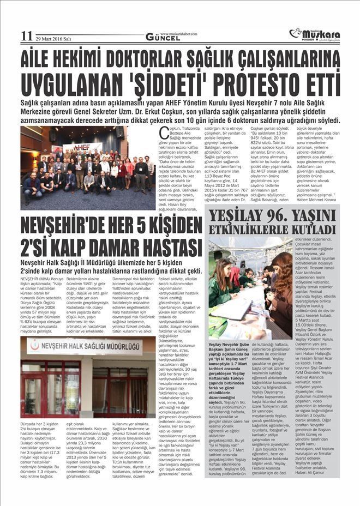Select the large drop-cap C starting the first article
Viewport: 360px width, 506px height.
(163, 132)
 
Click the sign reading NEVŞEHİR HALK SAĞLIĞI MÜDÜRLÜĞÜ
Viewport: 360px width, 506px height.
(86, 346)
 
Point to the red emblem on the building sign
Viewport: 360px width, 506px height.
(35, 345)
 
